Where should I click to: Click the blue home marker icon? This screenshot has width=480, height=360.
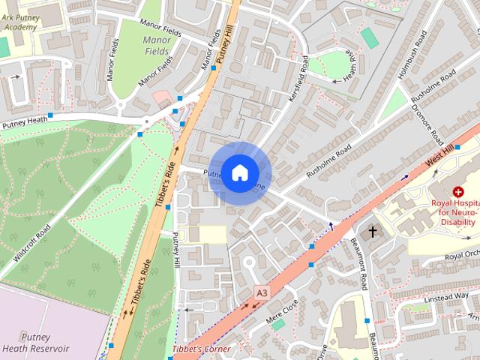tap(239, 173)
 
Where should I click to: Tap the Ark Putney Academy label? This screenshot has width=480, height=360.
tap(20, 22)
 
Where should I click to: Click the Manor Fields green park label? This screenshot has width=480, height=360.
tap(156, 46)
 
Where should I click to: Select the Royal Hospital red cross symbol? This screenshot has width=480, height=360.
tap(457, 192)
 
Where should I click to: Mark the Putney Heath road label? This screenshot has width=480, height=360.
tap(25, 119)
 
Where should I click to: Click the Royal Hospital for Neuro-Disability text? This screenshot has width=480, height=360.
tap(454, 212)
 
